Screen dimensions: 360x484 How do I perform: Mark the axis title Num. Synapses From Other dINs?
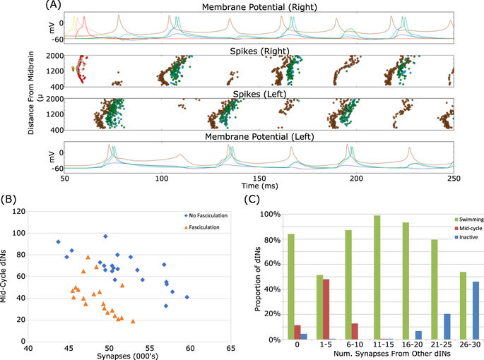tap(375, 356)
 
